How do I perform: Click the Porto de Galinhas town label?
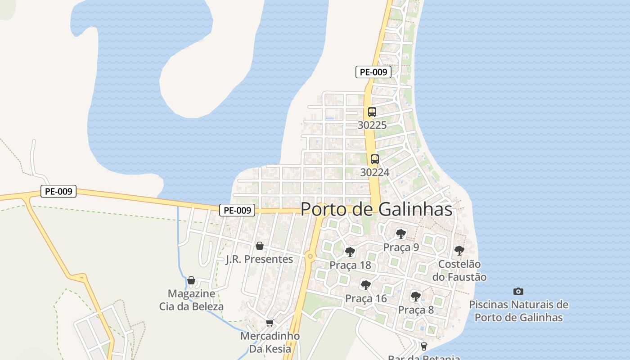[376, 209]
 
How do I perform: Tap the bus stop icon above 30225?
[372, 112]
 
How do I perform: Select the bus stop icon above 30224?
[375, 159]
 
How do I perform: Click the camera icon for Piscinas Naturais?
[518, 292]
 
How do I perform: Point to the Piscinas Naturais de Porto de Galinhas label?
[518, 311]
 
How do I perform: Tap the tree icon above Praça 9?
[400, 234]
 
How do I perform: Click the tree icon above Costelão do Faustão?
[459, 251]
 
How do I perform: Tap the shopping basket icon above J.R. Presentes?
[259, 246]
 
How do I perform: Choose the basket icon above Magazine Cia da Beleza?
[191, 281]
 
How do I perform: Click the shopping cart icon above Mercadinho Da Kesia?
[270, 323]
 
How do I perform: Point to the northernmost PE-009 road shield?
[373, 72]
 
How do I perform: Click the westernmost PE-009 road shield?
[59, 191]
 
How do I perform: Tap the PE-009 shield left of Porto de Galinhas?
[237, 210]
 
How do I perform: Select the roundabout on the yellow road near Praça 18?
[310, 257]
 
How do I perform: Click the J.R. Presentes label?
[259, 260]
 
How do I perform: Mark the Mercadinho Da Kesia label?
[270, 342]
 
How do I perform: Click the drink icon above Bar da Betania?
[423, 346]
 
